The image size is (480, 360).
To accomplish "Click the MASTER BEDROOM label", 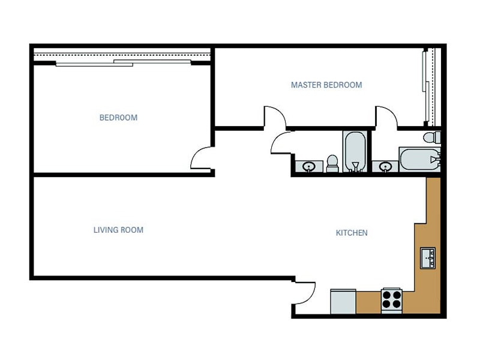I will point(326,85).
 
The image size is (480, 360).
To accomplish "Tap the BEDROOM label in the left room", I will point(118,118).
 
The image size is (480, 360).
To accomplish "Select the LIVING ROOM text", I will point(118,230).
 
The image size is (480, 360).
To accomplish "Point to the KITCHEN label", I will point(352,233).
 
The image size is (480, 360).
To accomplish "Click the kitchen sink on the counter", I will point(428,258).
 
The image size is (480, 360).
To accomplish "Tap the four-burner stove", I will point(391,299).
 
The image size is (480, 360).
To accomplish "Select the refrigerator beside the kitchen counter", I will point(343,301).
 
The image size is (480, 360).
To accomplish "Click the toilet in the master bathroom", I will point(431,138).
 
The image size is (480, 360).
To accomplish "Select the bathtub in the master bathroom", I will point(419,160).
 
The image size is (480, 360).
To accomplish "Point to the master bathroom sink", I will point(385,166).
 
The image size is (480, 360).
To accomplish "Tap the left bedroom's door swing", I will point(202,158).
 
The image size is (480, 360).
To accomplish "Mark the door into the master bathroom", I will point(386,116).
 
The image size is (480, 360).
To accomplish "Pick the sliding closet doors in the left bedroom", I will point(123,62).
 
